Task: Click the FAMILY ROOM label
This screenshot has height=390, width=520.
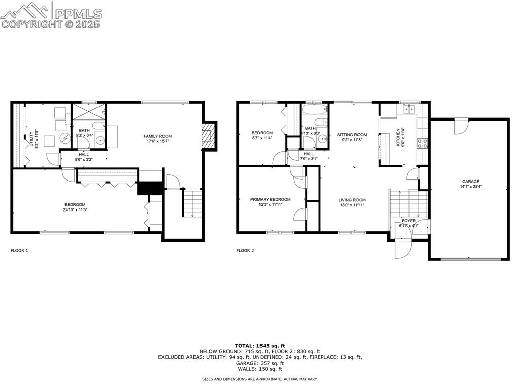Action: pos(157,136)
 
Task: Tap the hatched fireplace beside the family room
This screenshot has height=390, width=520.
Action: pos(206,136)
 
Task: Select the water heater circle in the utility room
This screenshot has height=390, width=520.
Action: pos(65,138)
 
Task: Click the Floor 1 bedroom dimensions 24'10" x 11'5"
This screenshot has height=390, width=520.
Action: pos(74,209)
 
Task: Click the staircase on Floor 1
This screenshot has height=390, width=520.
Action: pos(191,202)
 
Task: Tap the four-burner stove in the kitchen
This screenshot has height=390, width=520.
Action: pos(422,143)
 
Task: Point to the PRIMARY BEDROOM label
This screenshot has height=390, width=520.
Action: pos(270,199)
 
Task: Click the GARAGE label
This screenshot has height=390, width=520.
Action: pos(470,182)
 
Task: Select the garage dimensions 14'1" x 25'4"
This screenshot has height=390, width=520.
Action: pos(470,187)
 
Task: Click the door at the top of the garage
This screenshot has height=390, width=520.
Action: pos(461,126)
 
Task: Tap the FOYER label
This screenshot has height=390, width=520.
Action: pos(409,221)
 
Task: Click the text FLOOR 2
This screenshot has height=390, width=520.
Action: pos(245,250)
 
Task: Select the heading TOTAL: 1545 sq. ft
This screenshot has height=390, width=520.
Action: pos(260,346)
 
